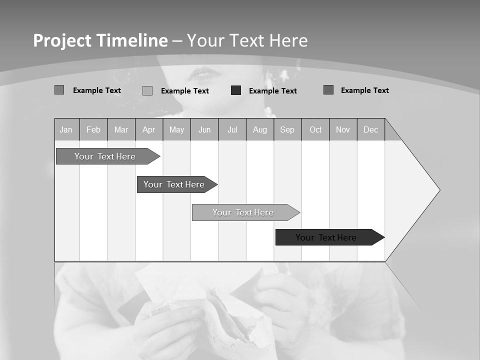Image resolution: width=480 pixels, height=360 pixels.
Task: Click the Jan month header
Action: (x=66, y=129)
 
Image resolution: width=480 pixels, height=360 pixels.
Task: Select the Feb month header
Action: (x=93, y=129)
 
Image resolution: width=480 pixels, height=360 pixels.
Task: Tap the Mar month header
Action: (x=121, y=129)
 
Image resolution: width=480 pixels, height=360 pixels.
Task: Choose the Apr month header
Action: (x=149, y=129)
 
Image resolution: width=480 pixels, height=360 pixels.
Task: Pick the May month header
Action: (x=176, y=129)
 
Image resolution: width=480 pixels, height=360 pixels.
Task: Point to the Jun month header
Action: (x=204, y=129)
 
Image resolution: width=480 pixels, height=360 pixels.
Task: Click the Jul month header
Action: (x=232, y=129)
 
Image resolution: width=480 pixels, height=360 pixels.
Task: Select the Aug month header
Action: (x=260, y=129)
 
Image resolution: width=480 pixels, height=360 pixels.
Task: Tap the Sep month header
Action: (x=287, y=129)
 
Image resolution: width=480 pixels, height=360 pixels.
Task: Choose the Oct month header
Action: (x=315, y=129)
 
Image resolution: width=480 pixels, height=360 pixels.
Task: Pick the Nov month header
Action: (x=343, y=129)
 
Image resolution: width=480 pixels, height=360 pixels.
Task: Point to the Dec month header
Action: (x=371, y=129)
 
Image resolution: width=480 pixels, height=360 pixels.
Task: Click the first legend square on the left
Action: (x=59, y=90)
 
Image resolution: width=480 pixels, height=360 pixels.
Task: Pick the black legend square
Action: (x=236, y=90)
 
